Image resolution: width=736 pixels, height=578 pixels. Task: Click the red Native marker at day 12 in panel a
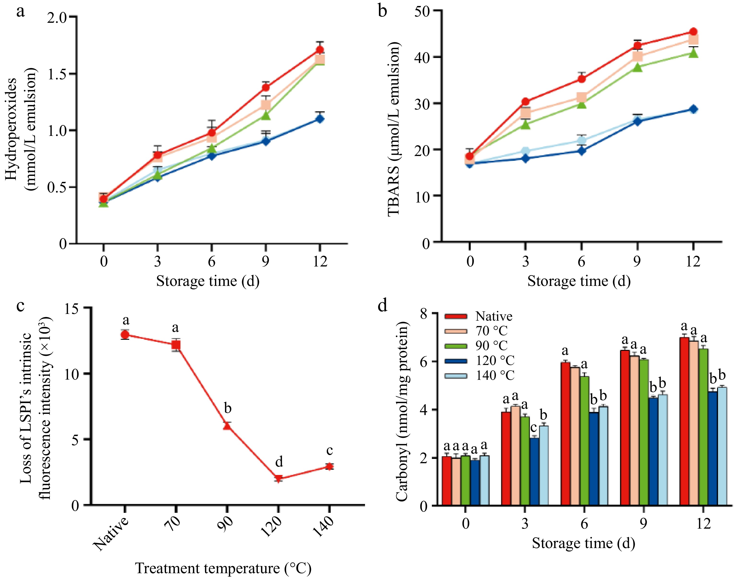319,50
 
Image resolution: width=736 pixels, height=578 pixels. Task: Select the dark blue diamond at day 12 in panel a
319,119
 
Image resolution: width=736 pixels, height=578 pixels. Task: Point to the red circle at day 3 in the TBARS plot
525,102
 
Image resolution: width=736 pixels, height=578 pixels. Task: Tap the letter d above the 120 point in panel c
279,462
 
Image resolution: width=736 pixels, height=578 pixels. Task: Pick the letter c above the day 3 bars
534,428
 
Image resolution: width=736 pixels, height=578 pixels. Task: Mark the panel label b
382,11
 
